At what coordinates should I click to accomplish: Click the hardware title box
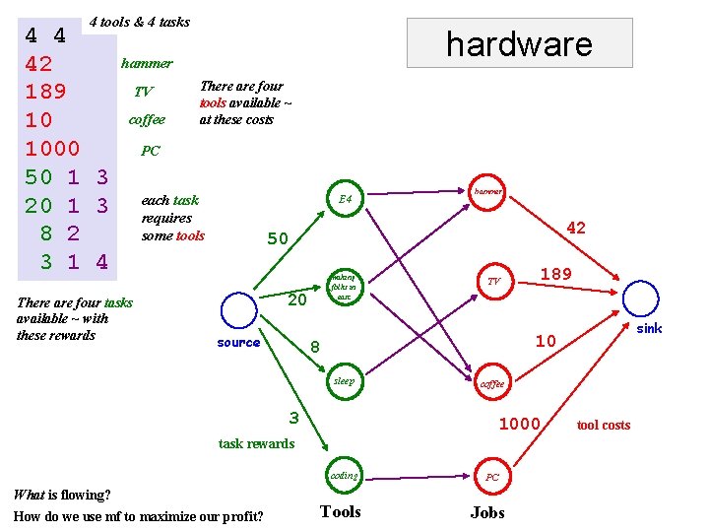(x=519, y=43)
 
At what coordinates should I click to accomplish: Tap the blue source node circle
(x=238, y=310)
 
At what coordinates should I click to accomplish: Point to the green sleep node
(x=344, y=381)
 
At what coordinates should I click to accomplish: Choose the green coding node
(x=345, y=476)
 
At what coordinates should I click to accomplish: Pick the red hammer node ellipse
(x=487, y=191)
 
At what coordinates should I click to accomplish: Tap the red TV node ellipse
(x=493, y=282)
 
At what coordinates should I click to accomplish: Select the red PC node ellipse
(x=493, y=477)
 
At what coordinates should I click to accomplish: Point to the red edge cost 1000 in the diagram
(x=520, y=424)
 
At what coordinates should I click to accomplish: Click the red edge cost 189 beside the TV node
(x=556, y=274)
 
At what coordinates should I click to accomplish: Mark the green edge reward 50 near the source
(x=279, y=238)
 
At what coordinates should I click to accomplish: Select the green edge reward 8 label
(x=315, y=346)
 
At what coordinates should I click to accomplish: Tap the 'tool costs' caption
(x=604, y=425)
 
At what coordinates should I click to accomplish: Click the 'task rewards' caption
(x=256, y=443)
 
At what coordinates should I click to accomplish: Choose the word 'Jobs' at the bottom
(x=487, y=512)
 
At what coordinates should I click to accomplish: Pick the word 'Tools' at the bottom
(x=341, y=511)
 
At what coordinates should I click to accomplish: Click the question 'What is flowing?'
(x=62, y=495)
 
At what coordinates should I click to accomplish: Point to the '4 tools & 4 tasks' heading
(x=139, y=22)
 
